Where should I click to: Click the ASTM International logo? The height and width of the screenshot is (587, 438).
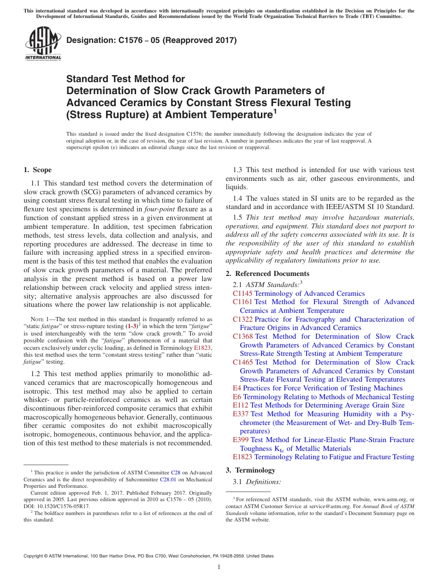43,44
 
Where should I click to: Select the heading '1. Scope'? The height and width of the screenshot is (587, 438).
37,170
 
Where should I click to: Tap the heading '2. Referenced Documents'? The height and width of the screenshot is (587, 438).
267,274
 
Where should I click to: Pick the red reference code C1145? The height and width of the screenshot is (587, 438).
243,293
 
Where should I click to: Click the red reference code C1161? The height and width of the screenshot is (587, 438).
243,302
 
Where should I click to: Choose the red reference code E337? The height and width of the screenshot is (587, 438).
241,414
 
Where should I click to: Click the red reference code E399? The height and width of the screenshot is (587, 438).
241,440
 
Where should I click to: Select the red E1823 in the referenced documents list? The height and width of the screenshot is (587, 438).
243,457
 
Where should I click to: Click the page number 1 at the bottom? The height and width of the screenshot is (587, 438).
219,568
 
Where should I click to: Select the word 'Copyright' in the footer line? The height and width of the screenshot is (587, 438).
34,556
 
